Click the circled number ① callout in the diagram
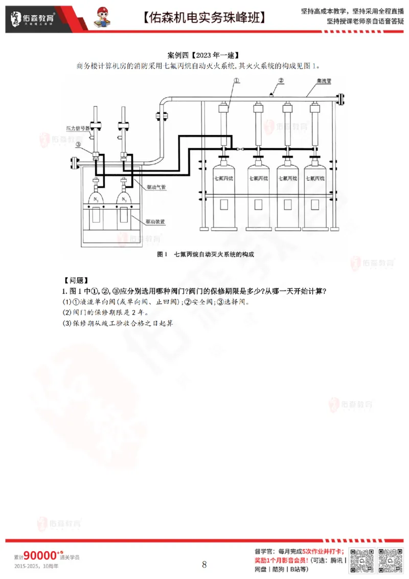pos(237,80)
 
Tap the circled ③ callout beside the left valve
pos(78,145)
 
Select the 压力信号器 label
pos(78,128)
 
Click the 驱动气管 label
pos(156,188)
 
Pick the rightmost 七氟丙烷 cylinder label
pos(315,179)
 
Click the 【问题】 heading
pos(76,280)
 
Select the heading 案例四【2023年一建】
pos(204,54)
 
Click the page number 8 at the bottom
pos(204,565)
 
